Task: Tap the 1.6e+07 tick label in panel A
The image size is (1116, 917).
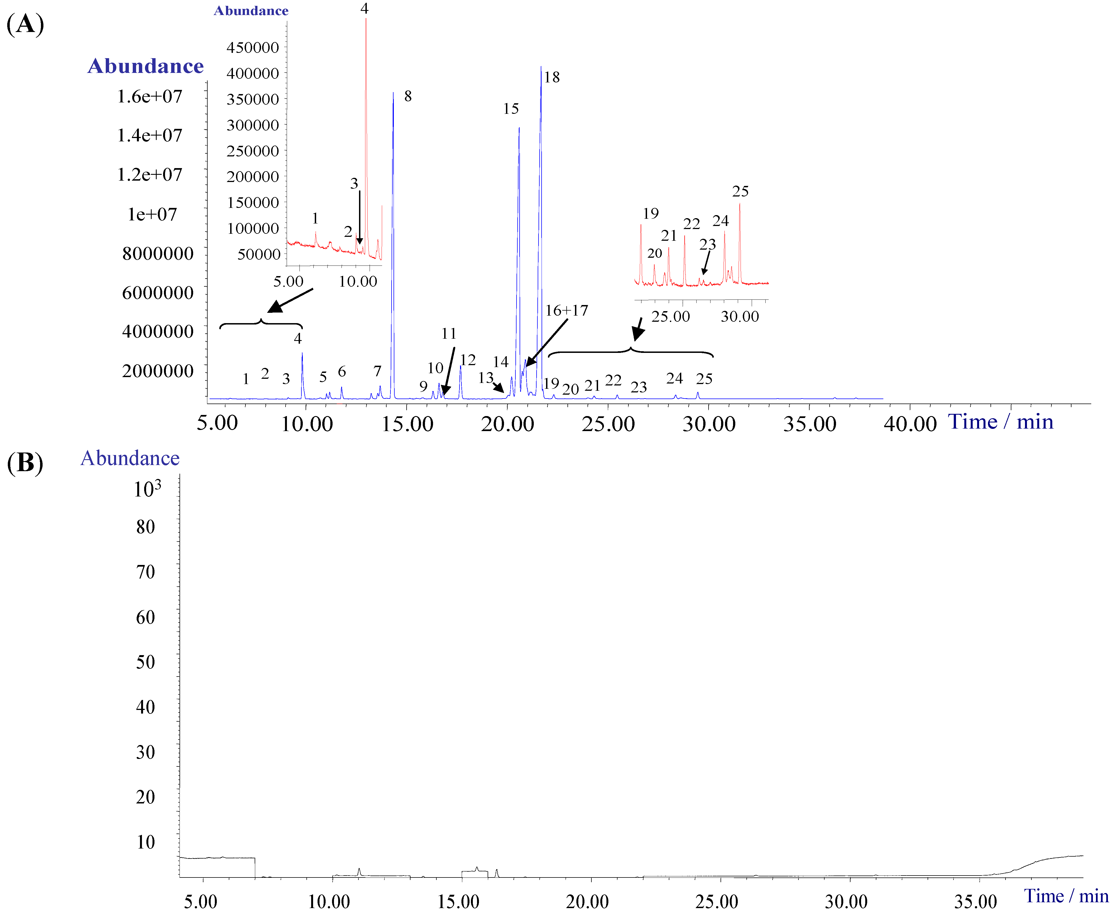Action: [x=149, y=97]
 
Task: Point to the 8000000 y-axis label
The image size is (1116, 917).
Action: [x=158, y=254]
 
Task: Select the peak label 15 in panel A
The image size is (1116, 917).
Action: [x=511, y=109]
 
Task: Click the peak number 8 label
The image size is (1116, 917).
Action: [x=408, y=96]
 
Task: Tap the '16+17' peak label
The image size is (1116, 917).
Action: [x=566, y=311]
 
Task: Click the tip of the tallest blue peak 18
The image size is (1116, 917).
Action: [x=541, y=67]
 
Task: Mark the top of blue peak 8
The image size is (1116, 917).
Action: [x=393, y=93]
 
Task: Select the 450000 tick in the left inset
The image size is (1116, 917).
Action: [x=252, y=48]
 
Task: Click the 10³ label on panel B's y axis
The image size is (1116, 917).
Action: [x=147, y=489]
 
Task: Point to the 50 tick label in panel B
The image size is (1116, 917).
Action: [x=145, y=662]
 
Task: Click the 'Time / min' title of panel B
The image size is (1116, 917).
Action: [x=1066, y=896]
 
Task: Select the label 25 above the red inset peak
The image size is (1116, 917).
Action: [x=740, y=191]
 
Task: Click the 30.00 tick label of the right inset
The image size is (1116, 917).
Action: [x=739, y=317]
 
